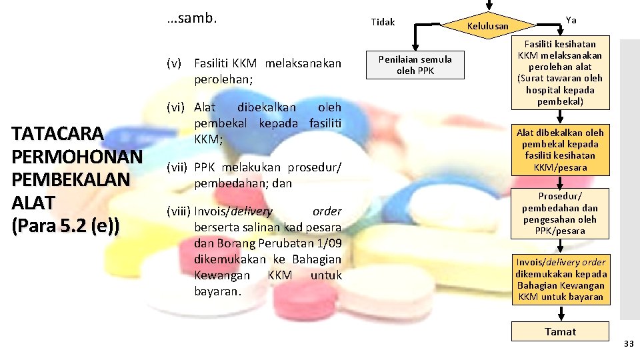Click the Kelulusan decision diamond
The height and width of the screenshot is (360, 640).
click(x=489, y=26)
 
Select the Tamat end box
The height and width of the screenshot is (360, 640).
click(x=560, y=332)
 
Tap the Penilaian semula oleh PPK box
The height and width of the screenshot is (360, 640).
click(x=415, y=65)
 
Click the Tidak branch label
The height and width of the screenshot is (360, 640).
click(x=383, y=22)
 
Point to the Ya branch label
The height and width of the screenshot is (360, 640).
click(x=571, y=20)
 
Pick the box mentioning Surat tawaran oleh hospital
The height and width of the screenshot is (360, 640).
click(x=560, y=73)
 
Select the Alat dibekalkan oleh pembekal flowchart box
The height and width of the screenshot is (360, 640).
click(x=560, y=150)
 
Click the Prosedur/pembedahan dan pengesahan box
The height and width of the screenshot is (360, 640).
click(x=560, y=213)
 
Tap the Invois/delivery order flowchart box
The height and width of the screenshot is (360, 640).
click(x=560, y=279)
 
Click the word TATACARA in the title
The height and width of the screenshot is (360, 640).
click(x=58, y=134)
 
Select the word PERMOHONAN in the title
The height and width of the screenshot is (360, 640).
click(x=77, y=157)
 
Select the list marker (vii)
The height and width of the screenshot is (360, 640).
click(x=177, y=167)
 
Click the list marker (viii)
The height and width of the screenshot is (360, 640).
click(x=179, y=211)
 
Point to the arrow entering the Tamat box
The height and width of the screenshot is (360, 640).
click(x=560, y=314)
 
